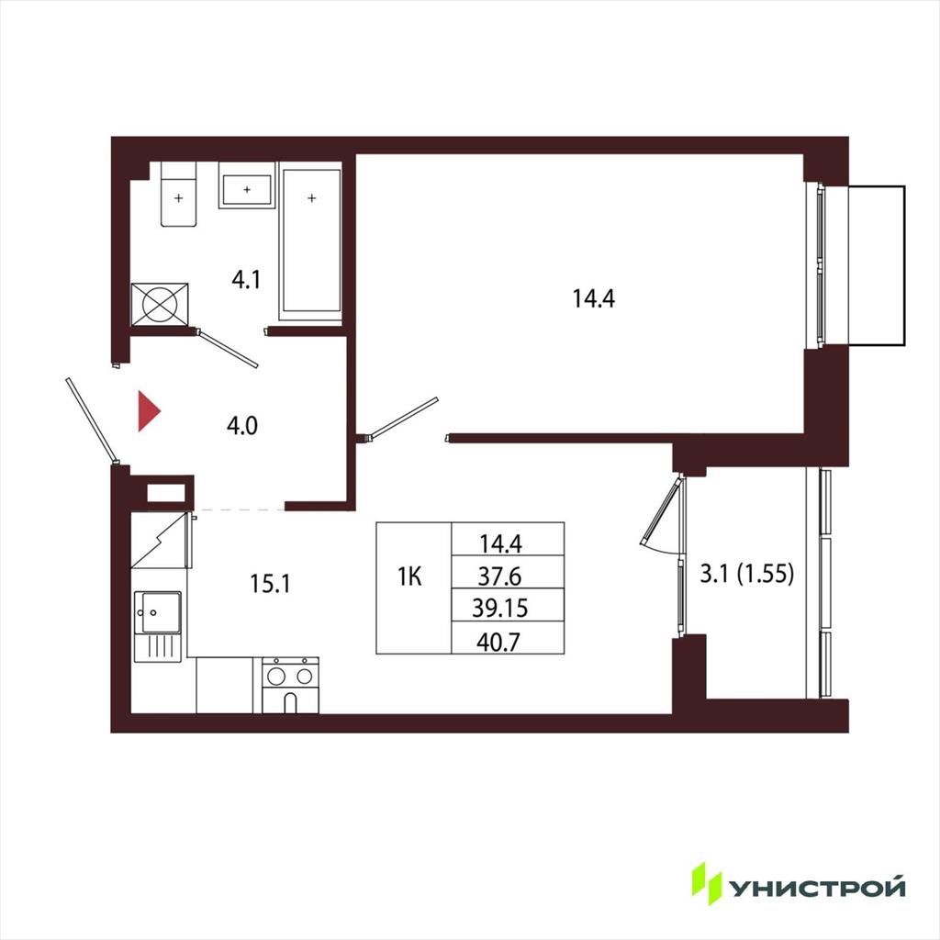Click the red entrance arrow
point(149,411)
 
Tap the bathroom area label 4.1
point(246,280)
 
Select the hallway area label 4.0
point(242,426)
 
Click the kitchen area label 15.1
point(270,583)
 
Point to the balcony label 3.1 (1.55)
point(747,575)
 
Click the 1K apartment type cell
point(410,576)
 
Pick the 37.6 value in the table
point(500,576)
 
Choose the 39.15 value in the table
point(500,608)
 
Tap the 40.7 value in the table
point(498,643)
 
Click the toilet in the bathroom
point(179,194)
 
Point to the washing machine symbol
point(160,305)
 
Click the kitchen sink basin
point(158,612)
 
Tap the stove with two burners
point(290,685)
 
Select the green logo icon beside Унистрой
point(707,883)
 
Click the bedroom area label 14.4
point(594,298)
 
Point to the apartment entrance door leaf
point(91,420)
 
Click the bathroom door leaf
point(228,348)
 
